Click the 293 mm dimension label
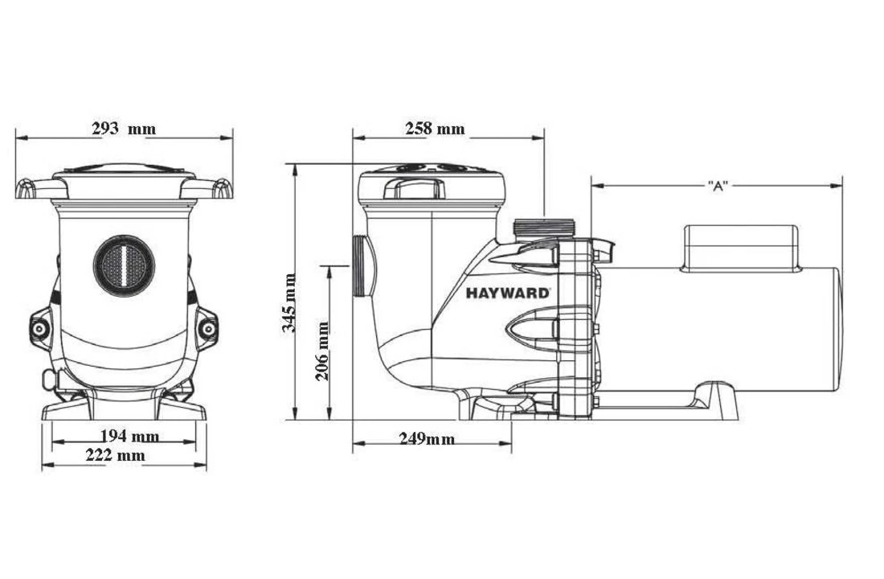point(123,128)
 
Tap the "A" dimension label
point(717,186)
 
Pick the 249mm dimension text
point(427,438)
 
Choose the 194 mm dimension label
point(129,437)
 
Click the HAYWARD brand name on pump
point(509,294)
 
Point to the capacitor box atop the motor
point(740,245)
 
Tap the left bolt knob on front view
point(37,328)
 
